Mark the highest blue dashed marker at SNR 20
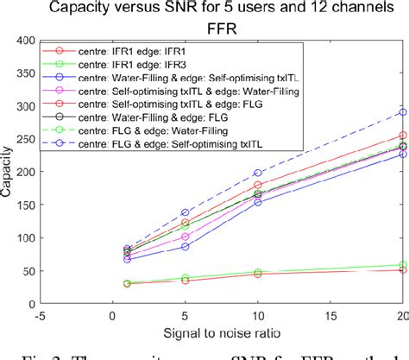(x=402, y=112)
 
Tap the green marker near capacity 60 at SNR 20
(x=402, y=265)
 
